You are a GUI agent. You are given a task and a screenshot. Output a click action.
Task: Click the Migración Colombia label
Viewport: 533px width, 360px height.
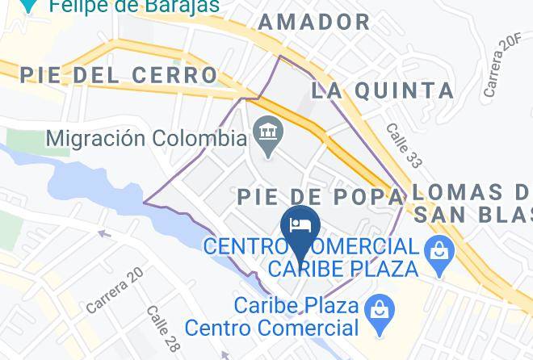point(145,138)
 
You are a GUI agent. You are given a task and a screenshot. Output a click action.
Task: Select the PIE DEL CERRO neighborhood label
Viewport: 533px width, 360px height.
point(119,75)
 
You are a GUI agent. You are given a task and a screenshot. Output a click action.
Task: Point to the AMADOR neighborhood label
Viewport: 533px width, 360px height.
point(314,22)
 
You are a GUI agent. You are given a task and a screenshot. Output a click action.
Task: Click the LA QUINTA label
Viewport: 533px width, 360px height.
point(382,89)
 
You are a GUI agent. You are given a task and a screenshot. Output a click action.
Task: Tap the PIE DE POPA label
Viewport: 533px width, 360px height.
point(320,196)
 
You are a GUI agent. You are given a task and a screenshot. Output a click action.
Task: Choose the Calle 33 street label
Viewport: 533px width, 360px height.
point(403,146)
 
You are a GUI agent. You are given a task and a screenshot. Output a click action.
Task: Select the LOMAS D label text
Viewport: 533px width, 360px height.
point(472,193)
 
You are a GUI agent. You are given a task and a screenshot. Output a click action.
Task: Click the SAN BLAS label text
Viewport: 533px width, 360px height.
point(473,215)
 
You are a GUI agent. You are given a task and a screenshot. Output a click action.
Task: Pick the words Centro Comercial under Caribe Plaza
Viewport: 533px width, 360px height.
point(271,328)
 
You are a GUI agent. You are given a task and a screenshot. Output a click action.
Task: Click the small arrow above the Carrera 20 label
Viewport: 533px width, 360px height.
point(103,234)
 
